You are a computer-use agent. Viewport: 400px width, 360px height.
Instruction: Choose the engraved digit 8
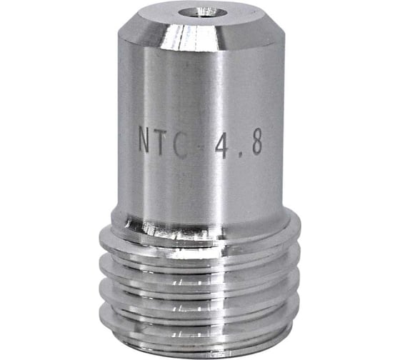(x=254, y=142)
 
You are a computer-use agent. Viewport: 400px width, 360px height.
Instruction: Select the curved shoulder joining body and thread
(x=200, y=214)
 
